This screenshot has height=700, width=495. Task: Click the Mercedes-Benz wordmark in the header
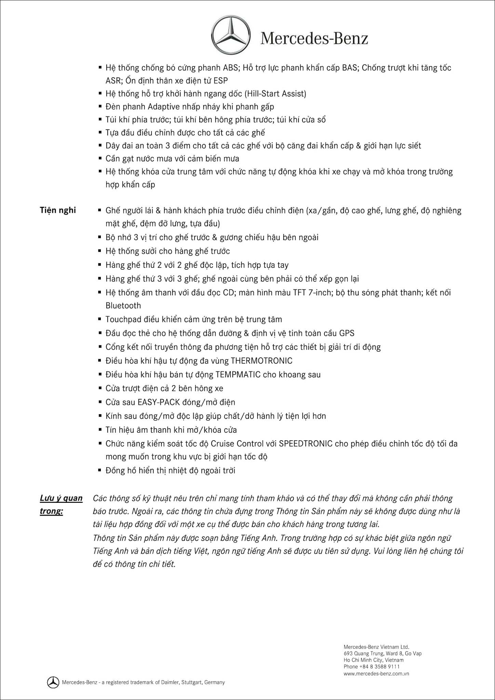314,38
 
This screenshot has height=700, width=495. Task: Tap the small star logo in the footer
53,682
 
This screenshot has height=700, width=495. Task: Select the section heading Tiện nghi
58,210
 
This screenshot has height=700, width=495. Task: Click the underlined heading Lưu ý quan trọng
61,504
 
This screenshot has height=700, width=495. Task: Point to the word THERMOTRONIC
262,361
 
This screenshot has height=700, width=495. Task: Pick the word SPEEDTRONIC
306,444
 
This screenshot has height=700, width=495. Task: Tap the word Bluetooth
123,306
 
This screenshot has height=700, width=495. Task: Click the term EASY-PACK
159,402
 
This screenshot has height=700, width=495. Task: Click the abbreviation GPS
347,333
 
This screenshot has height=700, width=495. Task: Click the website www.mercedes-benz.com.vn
376,674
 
